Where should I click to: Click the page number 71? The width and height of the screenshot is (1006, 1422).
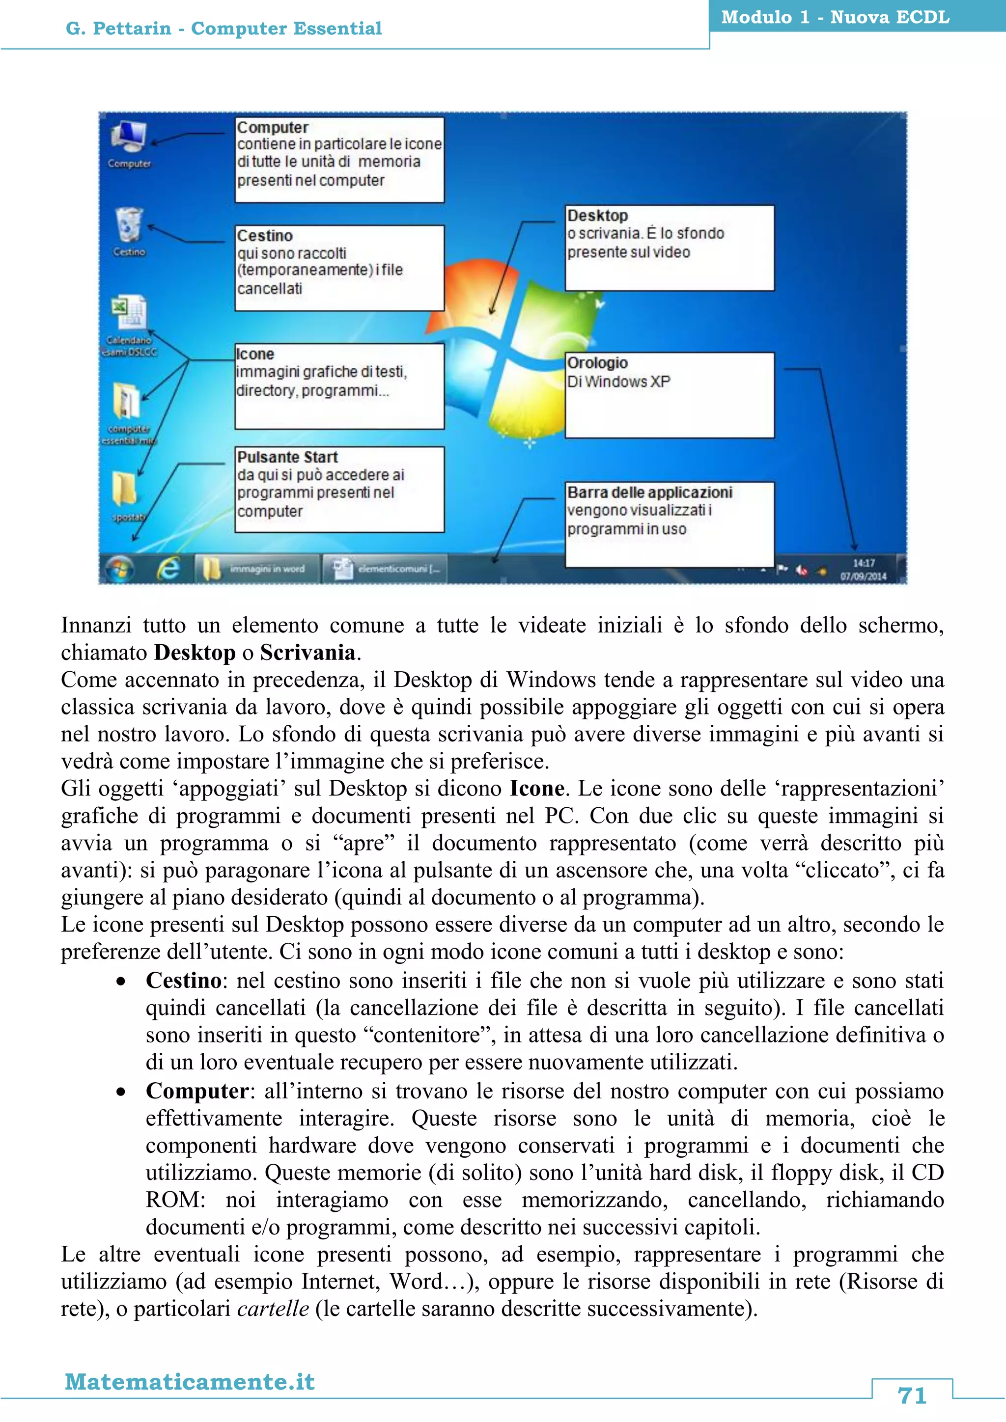[x=912, y=1395]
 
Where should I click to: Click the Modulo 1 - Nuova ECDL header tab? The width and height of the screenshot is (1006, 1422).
[x=835, y=17]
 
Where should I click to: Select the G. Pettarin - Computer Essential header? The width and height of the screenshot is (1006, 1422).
[x=224, y=28]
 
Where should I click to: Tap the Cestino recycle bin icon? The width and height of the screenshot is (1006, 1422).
[x=129, y=226]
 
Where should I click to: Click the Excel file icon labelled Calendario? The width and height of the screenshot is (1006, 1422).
[x=129, y=313]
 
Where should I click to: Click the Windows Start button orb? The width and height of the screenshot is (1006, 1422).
[x=119, y=568]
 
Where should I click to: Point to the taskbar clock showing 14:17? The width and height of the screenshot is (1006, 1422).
[x=864, y=569]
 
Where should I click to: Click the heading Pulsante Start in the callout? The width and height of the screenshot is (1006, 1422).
[x=287, y=457]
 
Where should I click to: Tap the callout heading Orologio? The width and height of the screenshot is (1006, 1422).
[x=597, y=363]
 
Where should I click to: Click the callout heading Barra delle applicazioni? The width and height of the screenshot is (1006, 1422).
[x=650, y=492]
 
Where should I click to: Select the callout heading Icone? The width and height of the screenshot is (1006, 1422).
[x=255, y=354]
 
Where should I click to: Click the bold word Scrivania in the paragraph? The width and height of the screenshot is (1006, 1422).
[x=308, y=652]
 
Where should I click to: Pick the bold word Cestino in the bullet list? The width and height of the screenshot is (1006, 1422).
[x=183, y=981]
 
